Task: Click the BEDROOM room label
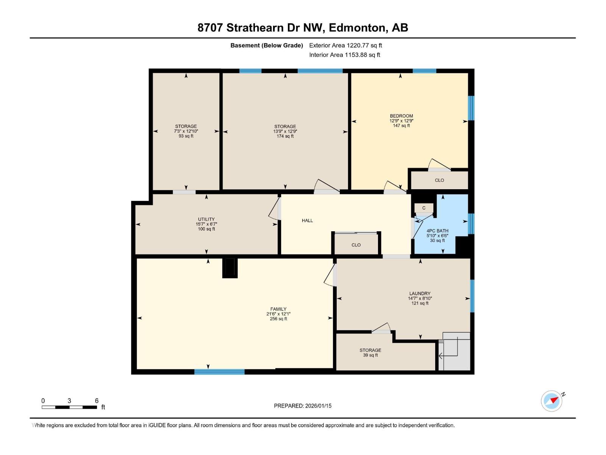coord(401,116)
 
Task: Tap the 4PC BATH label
coord(437,231)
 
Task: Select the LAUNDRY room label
coord(420,293)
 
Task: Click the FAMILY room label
coord(278,309)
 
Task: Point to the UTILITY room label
coord(206,219)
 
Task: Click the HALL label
coord(307,220)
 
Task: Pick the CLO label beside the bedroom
coord(439,180)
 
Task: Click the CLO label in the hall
coord(356,245)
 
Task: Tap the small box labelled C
coord(424,208)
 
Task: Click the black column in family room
coord(230,268)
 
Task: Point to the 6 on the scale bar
coord(97,401)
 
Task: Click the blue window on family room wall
coord(219,372)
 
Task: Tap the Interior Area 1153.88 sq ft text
coord(344,55)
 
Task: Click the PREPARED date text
coord(303,406)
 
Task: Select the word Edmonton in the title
coord(357,28)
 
